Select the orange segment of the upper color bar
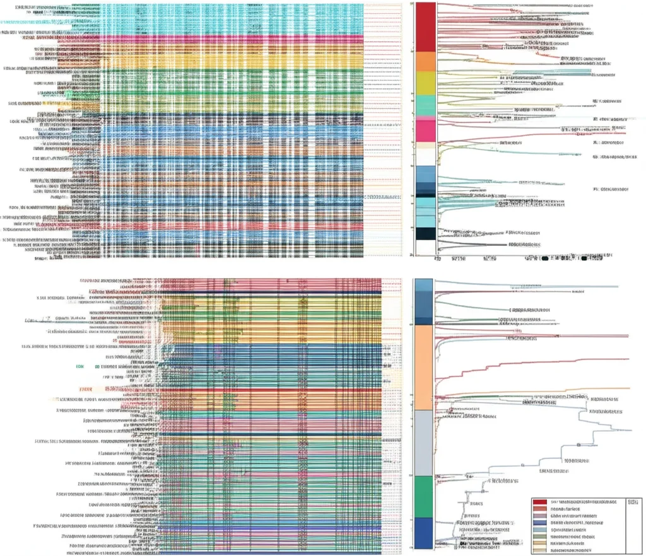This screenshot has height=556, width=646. (x=426, y=61)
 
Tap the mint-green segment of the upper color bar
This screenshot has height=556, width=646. (x=426, y=105)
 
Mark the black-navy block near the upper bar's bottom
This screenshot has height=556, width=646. (x=426, y=233)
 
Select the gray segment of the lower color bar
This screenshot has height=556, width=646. (x=423, y=441)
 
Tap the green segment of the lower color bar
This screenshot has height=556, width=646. (x=423, y=496)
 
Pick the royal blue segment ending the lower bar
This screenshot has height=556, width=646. (x=423, y=533)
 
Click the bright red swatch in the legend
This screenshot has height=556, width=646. (x=540, y=502)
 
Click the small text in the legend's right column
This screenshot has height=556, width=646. (x=633, y=502)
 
